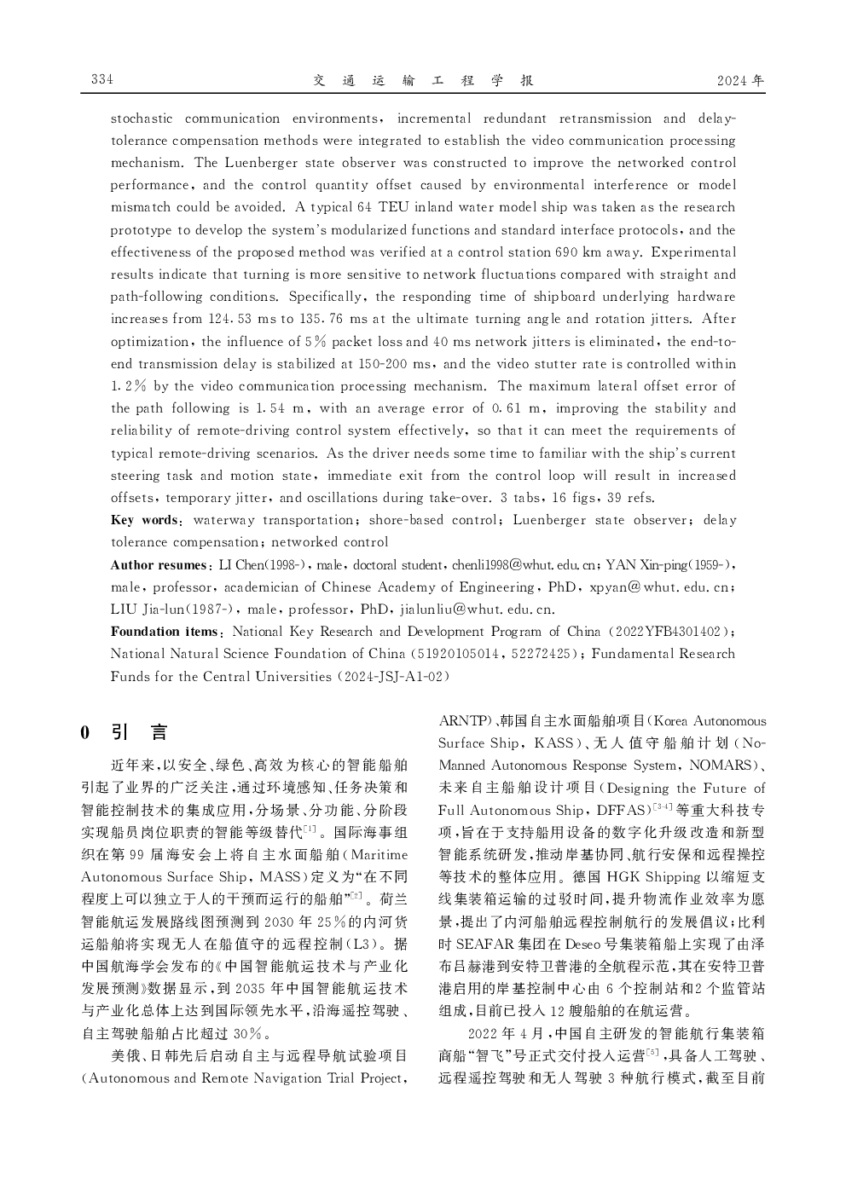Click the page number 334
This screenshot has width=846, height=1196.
pos(102,79)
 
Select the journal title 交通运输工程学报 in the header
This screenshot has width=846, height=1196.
pos(423,80)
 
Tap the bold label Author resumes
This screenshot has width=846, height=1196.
pos(159,565)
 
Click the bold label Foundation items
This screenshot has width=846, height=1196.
pos(165,632)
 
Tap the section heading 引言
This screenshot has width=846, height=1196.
pos(140,731)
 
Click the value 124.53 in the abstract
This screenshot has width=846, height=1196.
pos(228,319)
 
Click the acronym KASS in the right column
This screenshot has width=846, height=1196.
pos(553,743)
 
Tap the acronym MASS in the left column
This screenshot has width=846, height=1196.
pos(283,876)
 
